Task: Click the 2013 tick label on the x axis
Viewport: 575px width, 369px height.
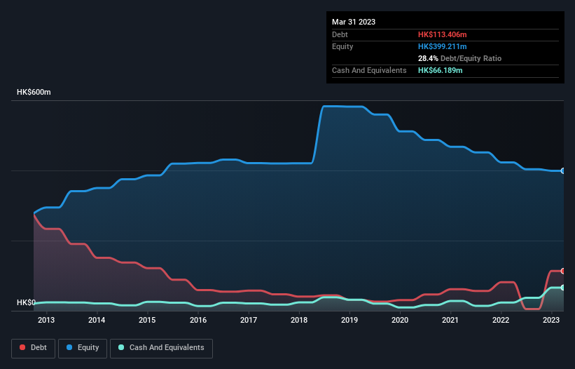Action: tap(46, 320)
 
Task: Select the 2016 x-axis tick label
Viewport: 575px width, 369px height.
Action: tap(198, 320)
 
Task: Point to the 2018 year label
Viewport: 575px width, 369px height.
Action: tap(299, 320)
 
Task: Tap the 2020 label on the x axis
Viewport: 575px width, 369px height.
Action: tap(400, 320)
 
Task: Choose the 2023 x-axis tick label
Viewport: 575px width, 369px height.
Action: tap(551, 320)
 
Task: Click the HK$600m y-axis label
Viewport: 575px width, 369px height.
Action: tap(34, 93)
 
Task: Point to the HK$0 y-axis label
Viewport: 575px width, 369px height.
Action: tap(26, 302)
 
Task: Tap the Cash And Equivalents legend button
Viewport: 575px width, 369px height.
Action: tap(161, 348)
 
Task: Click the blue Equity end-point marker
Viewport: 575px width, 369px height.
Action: tap(563, 170)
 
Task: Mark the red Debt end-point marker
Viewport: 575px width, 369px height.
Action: tap(563, 271)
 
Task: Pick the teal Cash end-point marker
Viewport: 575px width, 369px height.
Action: tap(563, 288)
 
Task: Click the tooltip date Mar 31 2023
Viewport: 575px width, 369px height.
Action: tap(354, 22)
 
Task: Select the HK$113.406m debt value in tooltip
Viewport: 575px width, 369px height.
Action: tap(442, 34)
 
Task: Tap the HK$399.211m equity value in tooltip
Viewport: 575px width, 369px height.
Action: tap(442, 46)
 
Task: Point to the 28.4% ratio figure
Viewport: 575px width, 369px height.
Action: tap(429, 58)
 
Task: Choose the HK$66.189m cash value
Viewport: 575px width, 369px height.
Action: tap(440, 71)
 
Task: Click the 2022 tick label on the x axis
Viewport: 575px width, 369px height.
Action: tap(501, 320)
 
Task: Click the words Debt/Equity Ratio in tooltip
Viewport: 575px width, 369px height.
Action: tap(471, 58)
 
